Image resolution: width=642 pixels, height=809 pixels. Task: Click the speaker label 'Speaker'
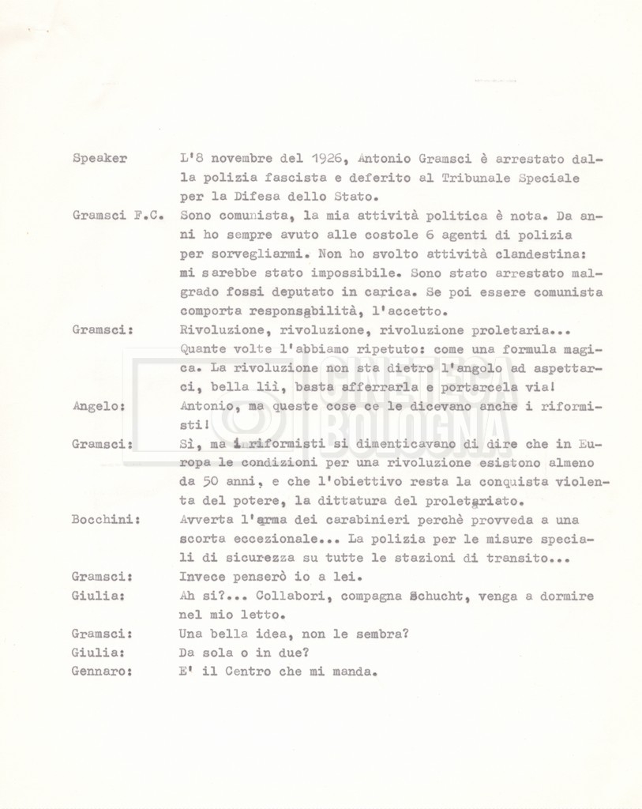point(99,158)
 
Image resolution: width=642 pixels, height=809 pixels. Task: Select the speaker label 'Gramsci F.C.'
point(116,215)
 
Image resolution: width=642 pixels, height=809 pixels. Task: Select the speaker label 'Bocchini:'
point(106,520)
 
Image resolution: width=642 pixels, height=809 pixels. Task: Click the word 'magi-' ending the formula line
point(583,349)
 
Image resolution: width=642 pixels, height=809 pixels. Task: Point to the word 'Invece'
point(202,578)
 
